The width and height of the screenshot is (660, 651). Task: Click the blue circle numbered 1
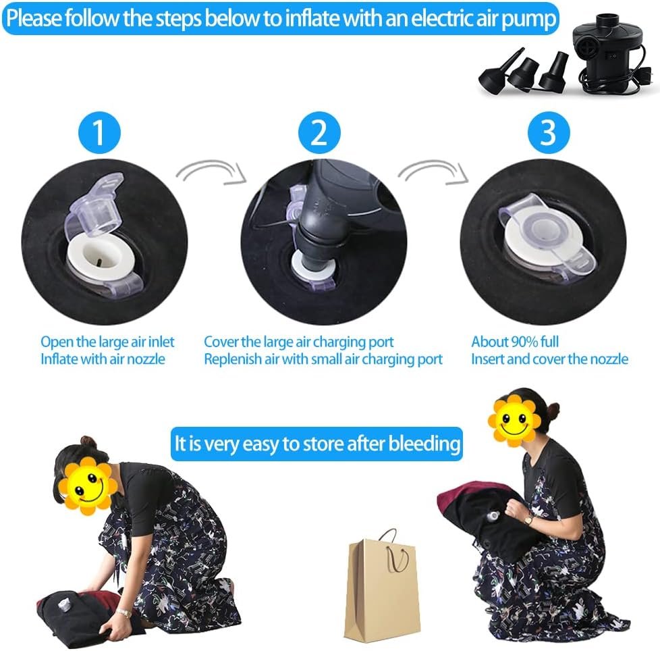[x=99, y=132]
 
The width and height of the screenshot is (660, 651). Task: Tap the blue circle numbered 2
[x=319, y=132]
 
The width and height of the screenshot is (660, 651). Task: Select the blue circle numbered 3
[x=549, y=132]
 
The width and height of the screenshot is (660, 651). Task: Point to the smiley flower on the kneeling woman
[x=88, y=486]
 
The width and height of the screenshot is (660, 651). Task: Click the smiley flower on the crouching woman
[x=514, y=419]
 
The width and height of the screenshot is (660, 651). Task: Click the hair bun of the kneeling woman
[x=88, y=442]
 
